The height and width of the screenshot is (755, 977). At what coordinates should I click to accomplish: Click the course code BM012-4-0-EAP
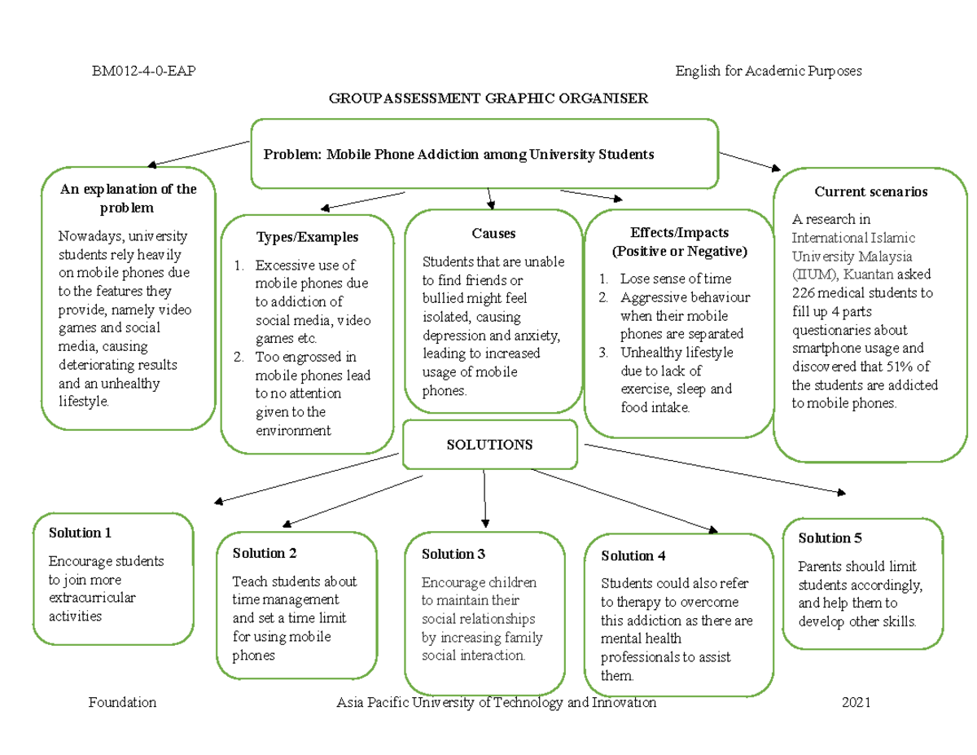[x=142, y=72]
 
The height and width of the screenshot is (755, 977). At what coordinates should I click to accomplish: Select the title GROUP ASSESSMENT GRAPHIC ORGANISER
[x=488, y=99]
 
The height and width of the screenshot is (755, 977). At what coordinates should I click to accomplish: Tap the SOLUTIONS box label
[x=489, y=445]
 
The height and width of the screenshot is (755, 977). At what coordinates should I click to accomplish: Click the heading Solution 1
[x=80, y=533]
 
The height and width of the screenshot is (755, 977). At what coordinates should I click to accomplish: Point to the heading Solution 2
[x=264, y=554]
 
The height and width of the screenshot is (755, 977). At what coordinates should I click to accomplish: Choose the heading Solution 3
[x=453, y=555]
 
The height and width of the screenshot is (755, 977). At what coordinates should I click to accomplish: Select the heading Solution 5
[x=830, y=538]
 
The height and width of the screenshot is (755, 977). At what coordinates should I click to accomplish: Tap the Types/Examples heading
[x=307, y=238]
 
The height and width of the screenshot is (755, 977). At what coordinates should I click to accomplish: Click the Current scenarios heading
[x=870, y=192]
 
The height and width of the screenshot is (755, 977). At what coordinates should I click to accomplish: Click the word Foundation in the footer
[x=122, y=703]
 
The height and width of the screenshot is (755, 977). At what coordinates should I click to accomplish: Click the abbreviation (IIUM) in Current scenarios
[x=813, y=274]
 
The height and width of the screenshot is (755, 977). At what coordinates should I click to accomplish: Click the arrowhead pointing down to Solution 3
[x=485, y=522]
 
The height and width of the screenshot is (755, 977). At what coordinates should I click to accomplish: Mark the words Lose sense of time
[x=675, y=279]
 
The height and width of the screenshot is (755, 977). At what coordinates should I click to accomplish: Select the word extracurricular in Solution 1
[x=92, y=598]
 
